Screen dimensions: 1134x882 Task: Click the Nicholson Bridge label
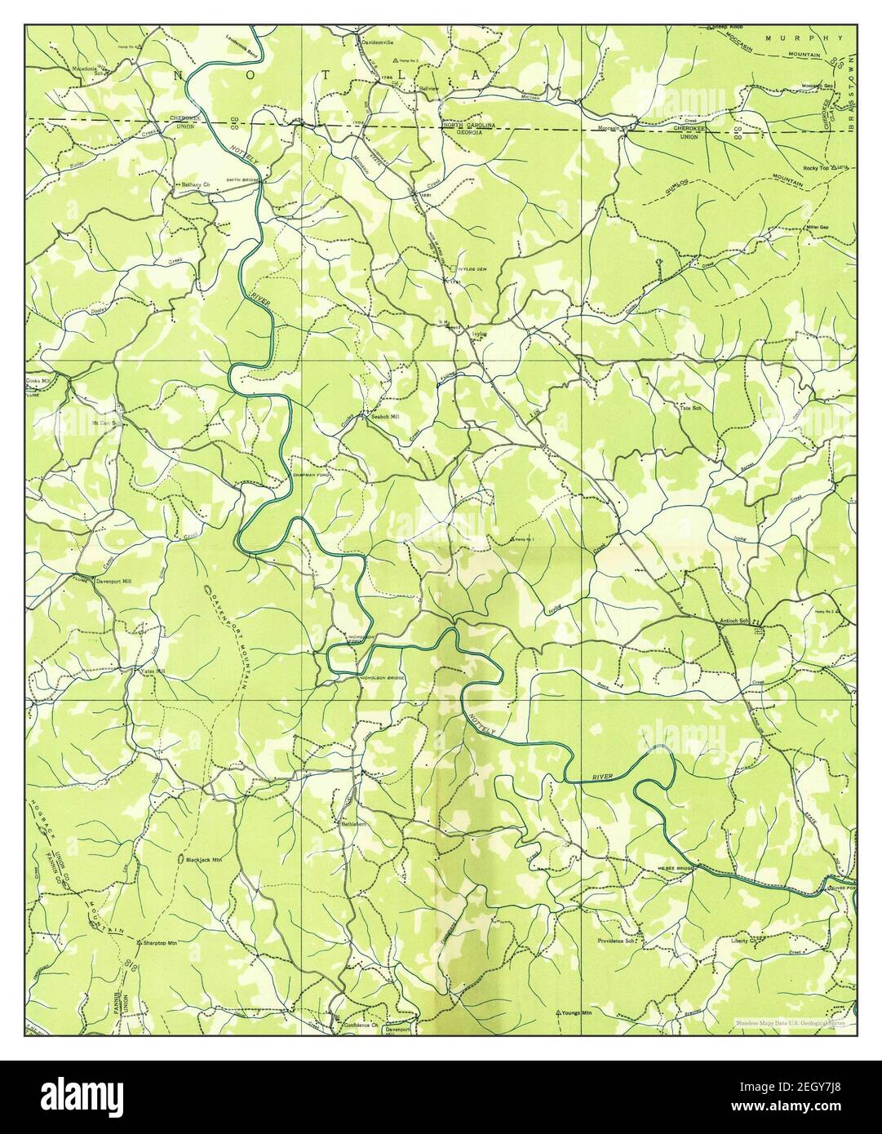tap(387, 677)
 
